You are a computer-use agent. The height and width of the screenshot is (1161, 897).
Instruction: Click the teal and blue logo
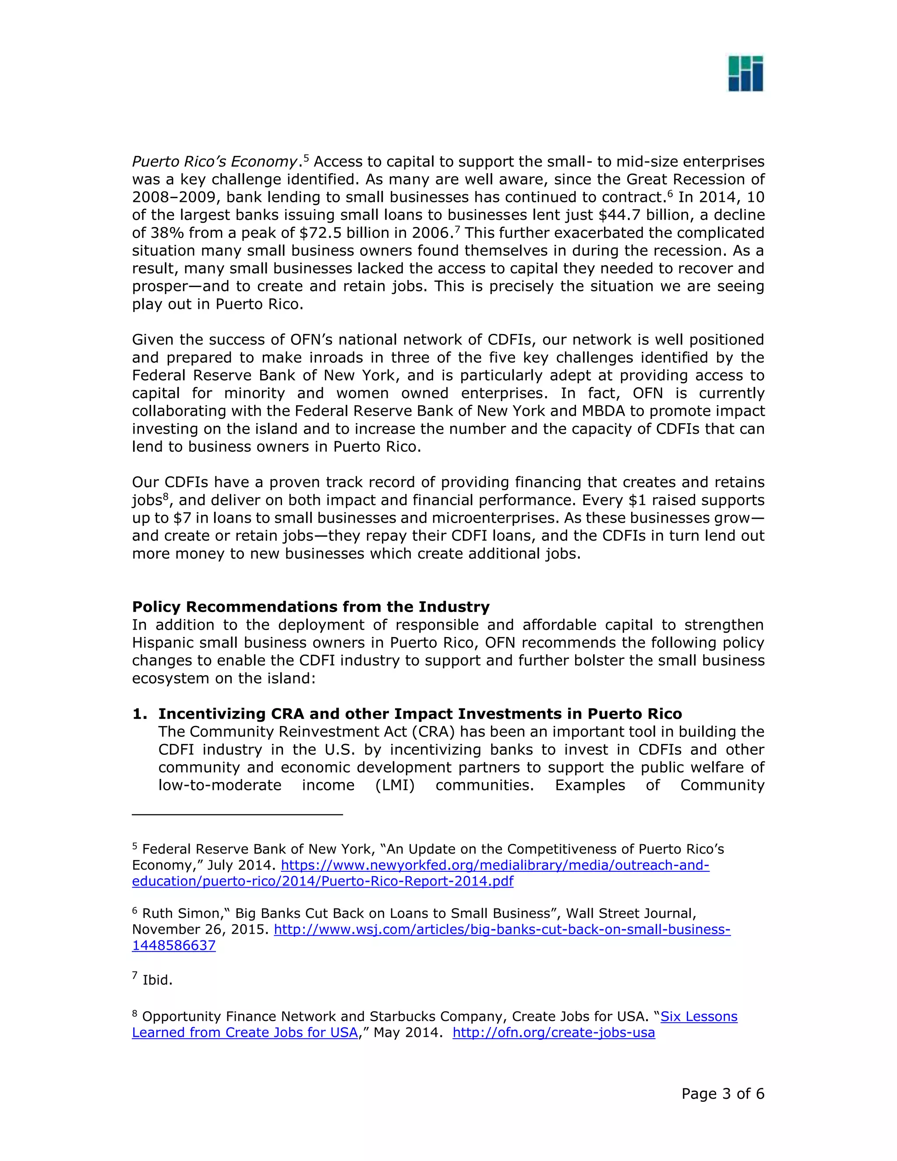click(745, 73)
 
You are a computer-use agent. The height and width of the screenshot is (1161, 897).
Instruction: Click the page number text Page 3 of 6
click(723, 1094)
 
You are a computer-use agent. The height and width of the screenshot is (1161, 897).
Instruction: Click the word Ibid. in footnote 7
click(157, 980)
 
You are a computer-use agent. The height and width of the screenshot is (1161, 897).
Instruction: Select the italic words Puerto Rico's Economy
click(214, 162)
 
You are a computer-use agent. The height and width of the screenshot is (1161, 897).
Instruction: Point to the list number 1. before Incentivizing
click(140, 714)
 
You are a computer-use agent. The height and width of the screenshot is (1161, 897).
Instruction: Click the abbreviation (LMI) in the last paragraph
click(395, 785)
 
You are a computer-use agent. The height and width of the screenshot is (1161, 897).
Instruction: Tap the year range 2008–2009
click(174, 197)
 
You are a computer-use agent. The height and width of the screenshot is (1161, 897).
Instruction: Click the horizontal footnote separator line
click(237, 814)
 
